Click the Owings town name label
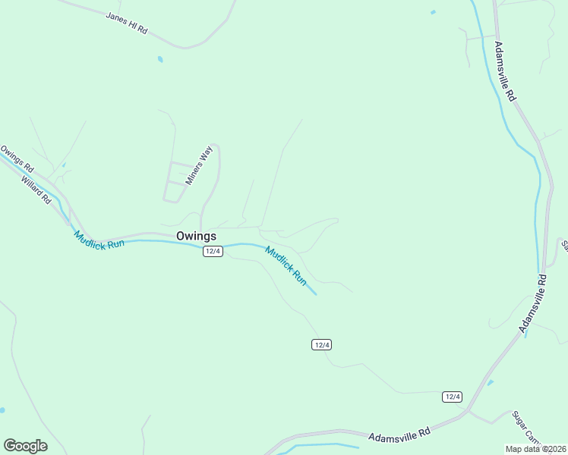click(x=196, y=236)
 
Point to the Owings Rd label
click(x=17, y=158)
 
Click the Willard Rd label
click(x=36, y=190)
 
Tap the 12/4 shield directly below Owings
click(x=213, y=252)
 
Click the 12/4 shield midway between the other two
click(x=321, y=345)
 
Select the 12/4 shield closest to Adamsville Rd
click(x=452, y=397)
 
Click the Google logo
click(x=25, y=446)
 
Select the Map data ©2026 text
click(x=535, y=448)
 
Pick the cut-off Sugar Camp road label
click(x=525, y=427)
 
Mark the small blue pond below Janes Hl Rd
click(x=160, y=59)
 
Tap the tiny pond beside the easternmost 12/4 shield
click(x=490, y=382)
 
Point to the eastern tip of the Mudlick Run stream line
click(x=316, y=294)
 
